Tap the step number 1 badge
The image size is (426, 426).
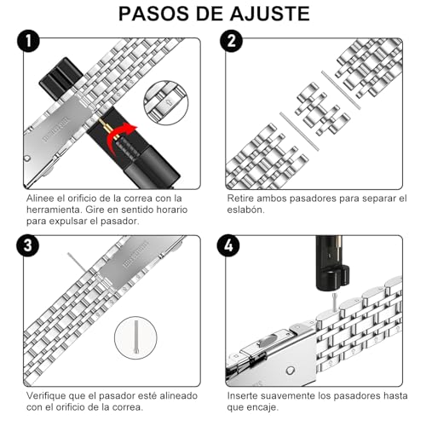31,43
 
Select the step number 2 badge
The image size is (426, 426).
231,43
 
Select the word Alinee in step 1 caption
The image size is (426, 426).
42,199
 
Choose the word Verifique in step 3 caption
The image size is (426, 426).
49,397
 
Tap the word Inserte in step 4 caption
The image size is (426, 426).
246,397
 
